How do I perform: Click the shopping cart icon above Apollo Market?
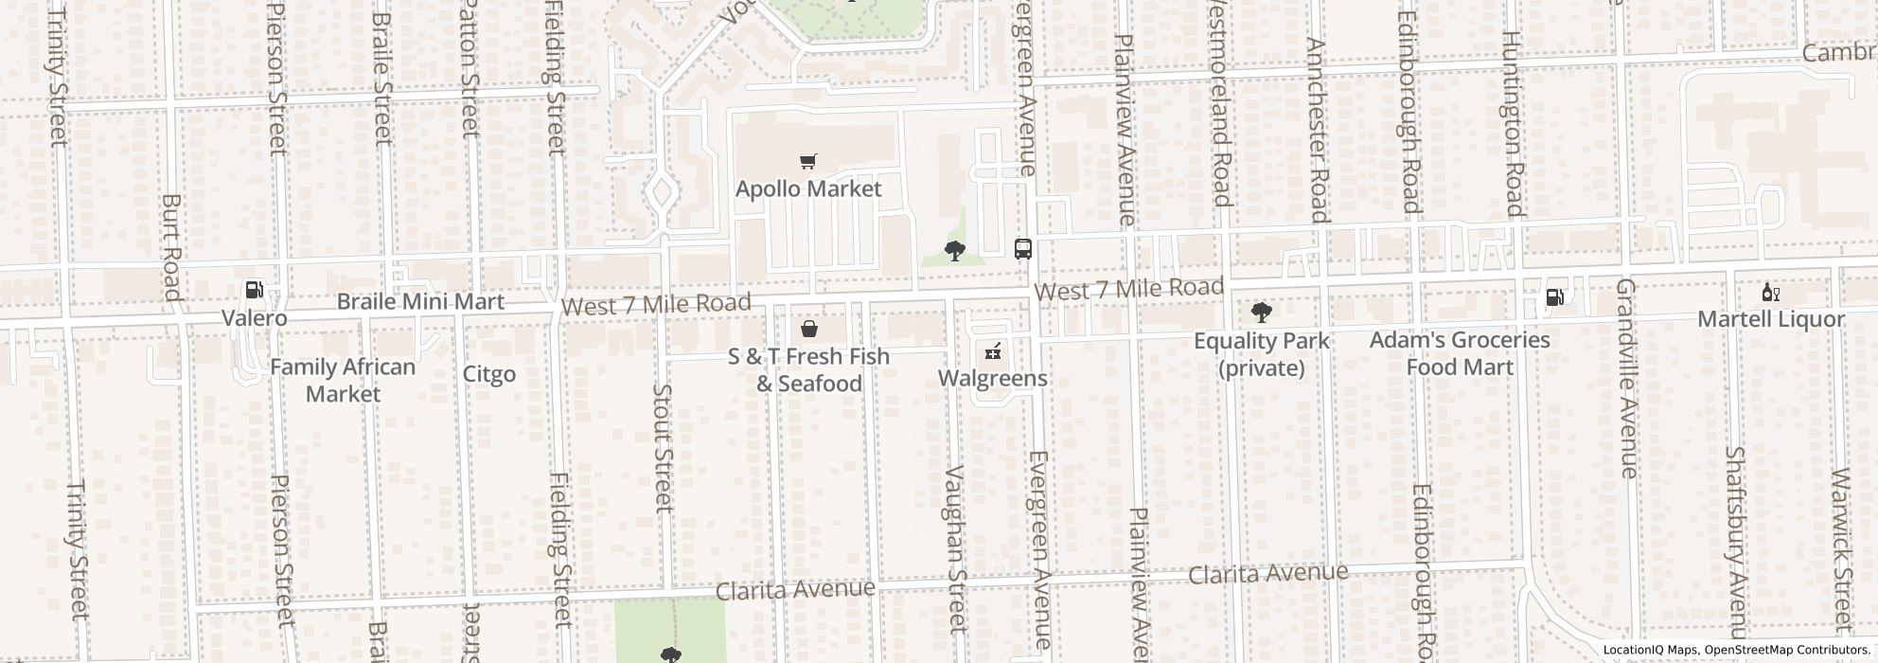point(807,162)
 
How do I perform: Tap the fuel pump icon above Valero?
point(254,289)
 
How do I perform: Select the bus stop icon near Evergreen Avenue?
point(1023,249)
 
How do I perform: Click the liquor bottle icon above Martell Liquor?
point(1770,293)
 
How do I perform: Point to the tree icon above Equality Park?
point(1261,313)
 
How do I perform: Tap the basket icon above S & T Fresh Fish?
point(809,329)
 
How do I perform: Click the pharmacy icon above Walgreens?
point(992,351)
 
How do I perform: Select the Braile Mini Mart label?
point(420,302)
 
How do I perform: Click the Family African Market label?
point(343,380)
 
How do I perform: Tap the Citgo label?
point(489,374)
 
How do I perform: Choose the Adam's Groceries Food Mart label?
point(1459,352)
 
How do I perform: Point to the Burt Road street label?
point(171,247)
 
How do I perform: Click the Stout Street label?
point(663,447)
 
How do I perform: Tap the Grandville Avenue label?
point(1626,378)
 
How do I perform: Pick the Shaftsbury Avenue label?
point(1735,543)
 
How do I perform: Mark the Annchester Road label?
point(1318,130)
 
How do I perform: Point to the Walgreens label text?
point(992,379)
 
